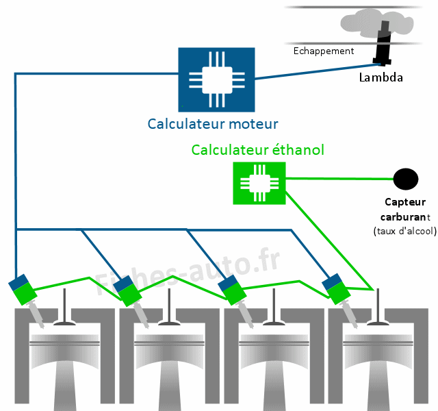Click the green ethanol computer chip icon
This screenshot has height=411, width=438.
(259, 183)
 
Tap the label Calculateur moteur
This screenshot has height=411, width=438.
(213, 124)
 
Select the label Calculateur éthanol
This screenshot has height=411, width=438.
(257, 150)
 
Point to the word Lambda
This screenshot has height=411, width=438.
(381, 77)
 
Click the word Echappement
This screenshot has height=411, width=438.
(324, 51)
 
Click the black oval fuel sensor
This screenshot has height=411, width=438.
(405, 179)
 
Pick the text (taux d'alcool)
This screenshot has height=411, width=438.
(405, 231)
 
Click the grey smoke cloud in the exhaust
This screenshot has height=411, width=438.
(376, 22)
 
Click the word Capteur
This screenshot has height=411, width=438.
(405, 202)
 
